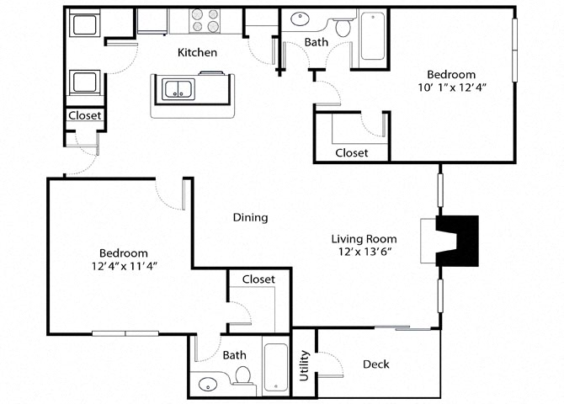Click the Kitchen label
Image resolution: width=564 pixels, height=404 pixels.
pyautogui.click(x=198, y=52)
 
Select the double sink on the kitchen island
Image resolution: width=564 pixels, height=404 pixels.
pyautogui.click(x=178, y=88)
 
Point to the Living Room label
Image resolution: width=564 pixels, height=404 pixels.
pyautogui.click(x=363, y=238)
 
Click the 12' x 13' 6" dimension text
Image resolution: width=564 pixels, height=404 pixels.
pyautogui.click(x=363, y=252)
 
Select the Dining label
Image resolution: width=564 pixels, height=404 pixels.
pyautogui.click(x=250, y=217)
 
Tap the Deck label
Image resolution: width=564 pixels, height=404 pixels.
pyautogui.click(x=375, y=364)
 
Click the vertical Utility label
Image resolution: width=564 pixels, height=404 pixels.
pyautogui.click(x=304, y=365)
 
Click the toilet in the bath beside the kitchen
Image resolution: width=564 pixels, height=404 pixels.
pyautogui.click(x=343, y=28)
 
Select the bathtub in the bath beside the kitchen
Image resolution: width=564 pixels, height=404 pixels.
pyautogui.click(x=372, y=36)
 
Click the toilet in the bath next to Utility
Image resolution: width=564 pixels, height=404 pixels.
pyautogui.click(x=243, y=375)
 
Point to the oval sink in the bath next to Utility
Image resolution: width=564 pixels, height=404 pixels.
pyautogui.click(x=207, y=385)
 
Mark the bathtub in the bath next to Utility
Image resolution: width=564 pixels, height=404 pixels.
pyautogui.click(x=276, y=367)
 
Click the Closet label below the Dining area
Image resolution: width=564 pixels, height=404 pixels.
pyautogui.click(x=258, y=279)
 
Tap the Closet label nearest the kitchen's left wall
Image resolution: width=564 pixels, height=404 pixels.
pyautogui.click(x=84, y=116)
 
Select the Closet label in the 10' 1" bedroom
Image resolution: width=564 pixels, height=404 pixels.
pyautogui.click(x=351, y=153)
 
